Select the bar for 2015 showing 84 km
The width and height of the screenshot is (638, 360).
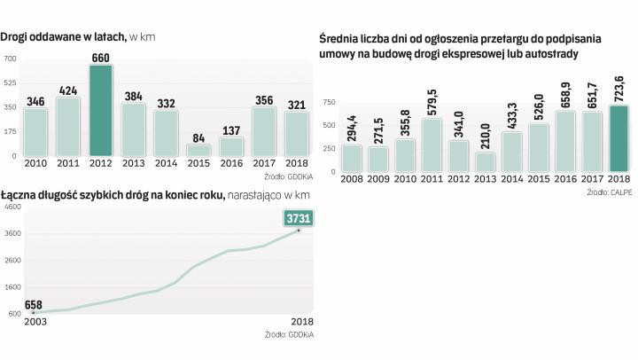[x=199, y=150]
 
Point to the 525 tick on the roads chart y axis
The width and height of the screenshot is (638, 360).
[x=10, y=83]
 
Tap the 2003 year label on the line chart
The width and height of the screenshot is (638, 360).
[x=35, y=323]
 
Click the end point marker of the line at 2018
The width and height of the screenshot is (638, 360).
[x=299, y=231]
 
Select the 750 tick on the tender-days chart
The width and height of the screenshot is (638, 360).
[x=329, y=103]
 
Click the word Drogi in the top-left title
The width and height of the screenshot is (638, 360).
[x=19, y=36]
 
